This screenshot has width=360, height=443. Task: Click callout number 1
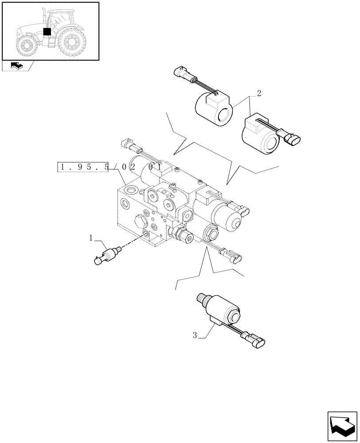tap(91, 238)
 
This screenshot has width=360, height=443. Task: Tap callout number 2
tap(259, 94)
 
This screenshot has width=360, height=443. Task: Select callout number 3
tap(195, 335)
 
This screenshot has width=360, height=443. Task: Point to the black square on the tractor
tap(47, 31)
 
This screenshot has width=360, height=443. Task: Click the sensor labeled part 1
tap(106, 256)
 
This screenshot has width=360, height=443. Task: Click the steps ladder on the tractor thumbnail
tap(51, 43)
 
